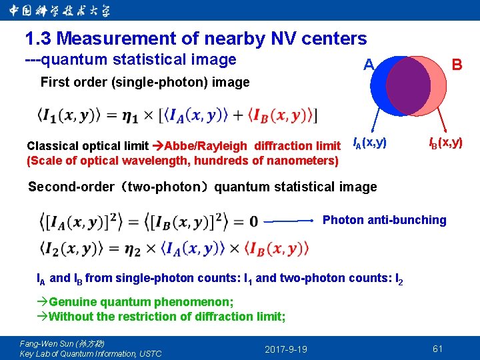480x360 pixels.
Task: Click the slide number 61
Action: tap(437, 349)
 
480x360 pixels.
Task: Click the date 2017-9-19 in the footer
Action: tap(286, 349)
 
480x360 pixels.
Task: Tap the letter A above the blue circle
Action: tap(368, 65)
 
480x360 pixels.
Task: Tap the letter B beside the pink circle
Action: tap(457, 65)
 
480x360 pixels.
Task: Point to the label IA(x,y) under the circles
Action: tap(369, 142)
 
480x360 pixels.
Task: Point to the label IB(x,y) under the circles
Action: tap(445, 142)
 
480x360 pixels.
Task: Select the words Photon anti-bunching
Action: tap(384, 220)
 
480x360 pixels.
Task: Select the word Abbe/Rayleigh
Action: tap(207, 146)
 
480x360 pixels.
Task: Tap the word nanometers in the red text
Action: tap(303, 161)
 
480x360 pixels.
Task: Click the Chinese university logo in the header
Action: tap(60, 11)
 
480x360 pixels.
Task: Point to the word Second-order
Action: tap(71, 187)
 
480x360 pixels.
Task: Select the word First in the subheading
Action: tap(55, 83)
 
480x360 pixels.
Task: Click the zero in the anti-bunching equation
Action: tap(254, 221)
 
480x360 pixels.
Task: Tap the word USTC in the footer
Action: tap(150, 353)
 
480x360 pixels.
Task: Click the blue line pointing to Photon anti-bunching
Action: tap(290, 220)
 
